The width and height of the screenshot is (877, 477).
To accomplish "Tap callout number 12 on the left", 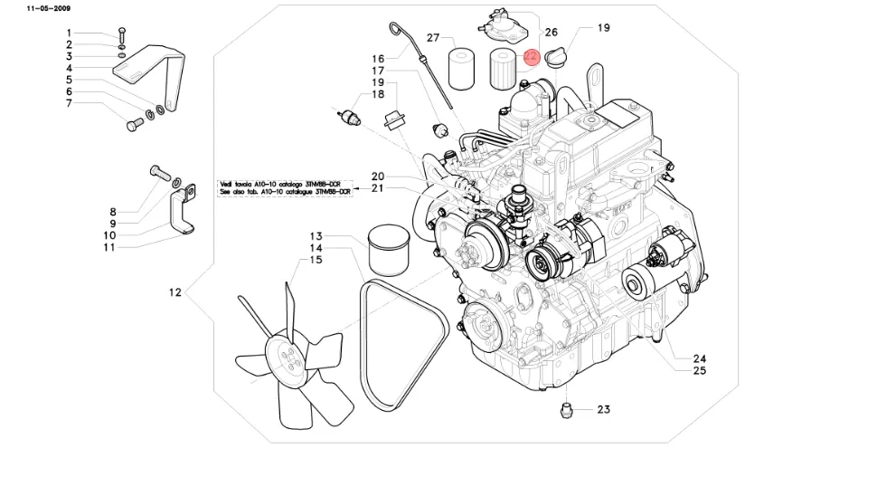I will [x=175, y=292].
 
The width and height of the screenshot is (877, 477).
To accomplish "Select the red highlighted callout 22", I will [x=532, y=56].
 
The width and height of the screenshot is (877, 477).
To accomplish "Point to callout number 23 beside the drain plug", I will [x=604, y=409].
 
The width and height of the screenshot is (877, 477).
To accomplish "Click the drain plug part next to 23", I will [x=568, y=411].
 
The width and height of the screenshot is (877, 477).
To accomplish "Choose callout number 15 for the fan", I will [x=316, y=260].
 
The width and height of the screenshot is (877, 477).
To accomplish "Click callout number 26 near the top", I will [x=552, y=32].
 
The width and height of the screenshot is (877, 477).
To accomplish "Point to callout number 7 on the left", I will [x=68, y=103].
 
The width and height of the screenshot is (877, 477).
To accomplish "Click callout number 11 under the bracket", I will [x=108, y=246].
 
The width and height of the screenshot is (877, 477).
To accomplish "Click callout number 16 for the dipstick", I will [x=378, y=59].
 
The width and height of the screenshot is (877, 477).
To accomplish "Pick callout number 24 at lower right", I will [x=699, y=358].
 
